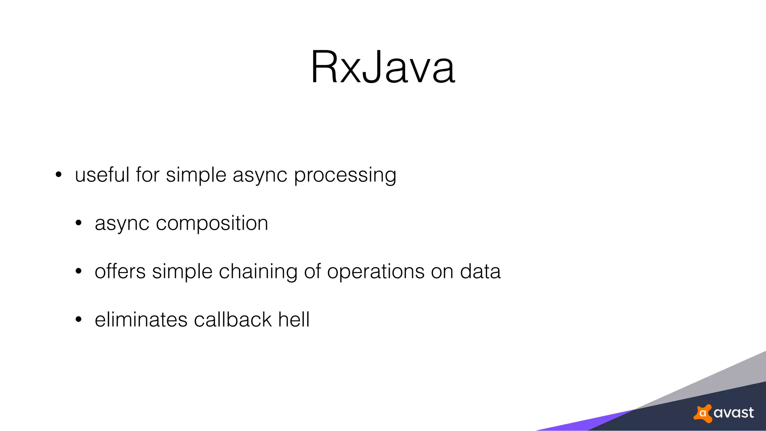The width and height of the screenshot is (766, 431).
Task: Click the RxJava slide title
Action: click(383, 67)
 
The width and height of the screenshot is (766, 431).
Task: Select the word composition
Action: click(212, 223)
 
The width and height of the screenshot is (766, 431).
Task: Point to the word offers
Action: click(120, 271)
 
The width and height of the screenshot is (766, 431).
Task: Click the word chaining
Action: click(258, 272)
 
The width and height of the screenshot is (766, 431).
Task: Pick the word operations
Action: click(376, 272)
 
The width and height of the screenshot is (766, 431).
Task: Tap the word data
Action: click(480, 271)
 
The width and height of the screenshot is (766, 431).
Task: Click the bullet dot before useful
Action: click(58, 175)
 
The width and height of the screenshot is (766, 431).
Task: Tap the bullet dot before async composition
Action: click(78, 223)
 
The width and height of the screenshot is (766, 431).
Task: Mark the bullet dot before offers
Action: click(78, 271)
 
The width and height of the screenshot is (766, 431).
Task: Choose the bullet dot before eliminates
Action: click(78, 320)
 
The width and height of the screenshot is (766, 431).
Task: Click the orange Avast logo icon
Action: click(703, 413)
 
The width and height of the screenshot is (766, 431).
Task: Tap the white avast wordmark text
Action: click(733, 413)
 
